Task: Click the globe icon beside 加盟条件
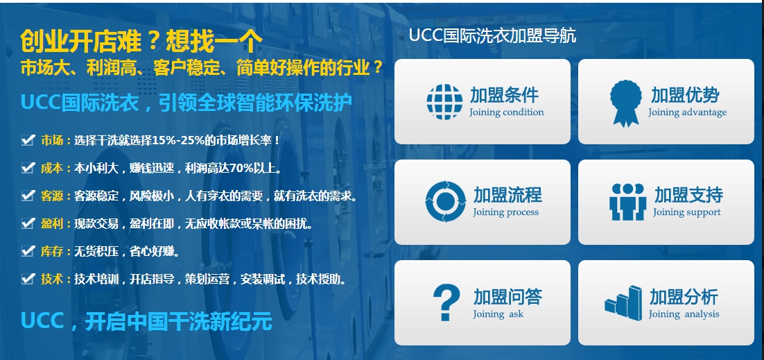click(x=444, y=102)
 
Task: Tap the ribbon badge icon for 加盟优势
click(x=625, y=103)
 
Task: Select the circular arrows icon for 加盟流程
click(x=445, y=201)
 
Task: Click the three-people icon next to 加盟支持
click(x=627, y=202)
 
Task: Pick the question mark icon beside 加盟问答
click(x=446, y=302)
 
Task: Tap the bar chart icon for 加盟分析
click(x=623, y=303)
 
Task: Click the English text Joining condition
click(x=506, y=112)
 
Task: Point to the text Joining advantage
click(x=687, y=112)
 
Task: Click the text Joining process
click(x=506, y=212)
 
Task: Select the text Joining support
click(x=686, y=212)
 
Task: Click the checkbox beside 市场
click(x=27, y=141)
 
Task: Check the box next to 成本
click(x=27, y=169)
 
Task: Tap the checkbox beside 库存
click(x=27, y=252)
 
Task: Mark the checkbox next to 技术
click(x=27, y=279)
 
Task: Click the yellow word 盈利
click(x=52, y=224)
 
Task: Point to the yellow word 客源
click(x=52, y=196)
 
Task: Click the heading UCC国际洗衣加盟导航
click(x=492, y=36)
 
